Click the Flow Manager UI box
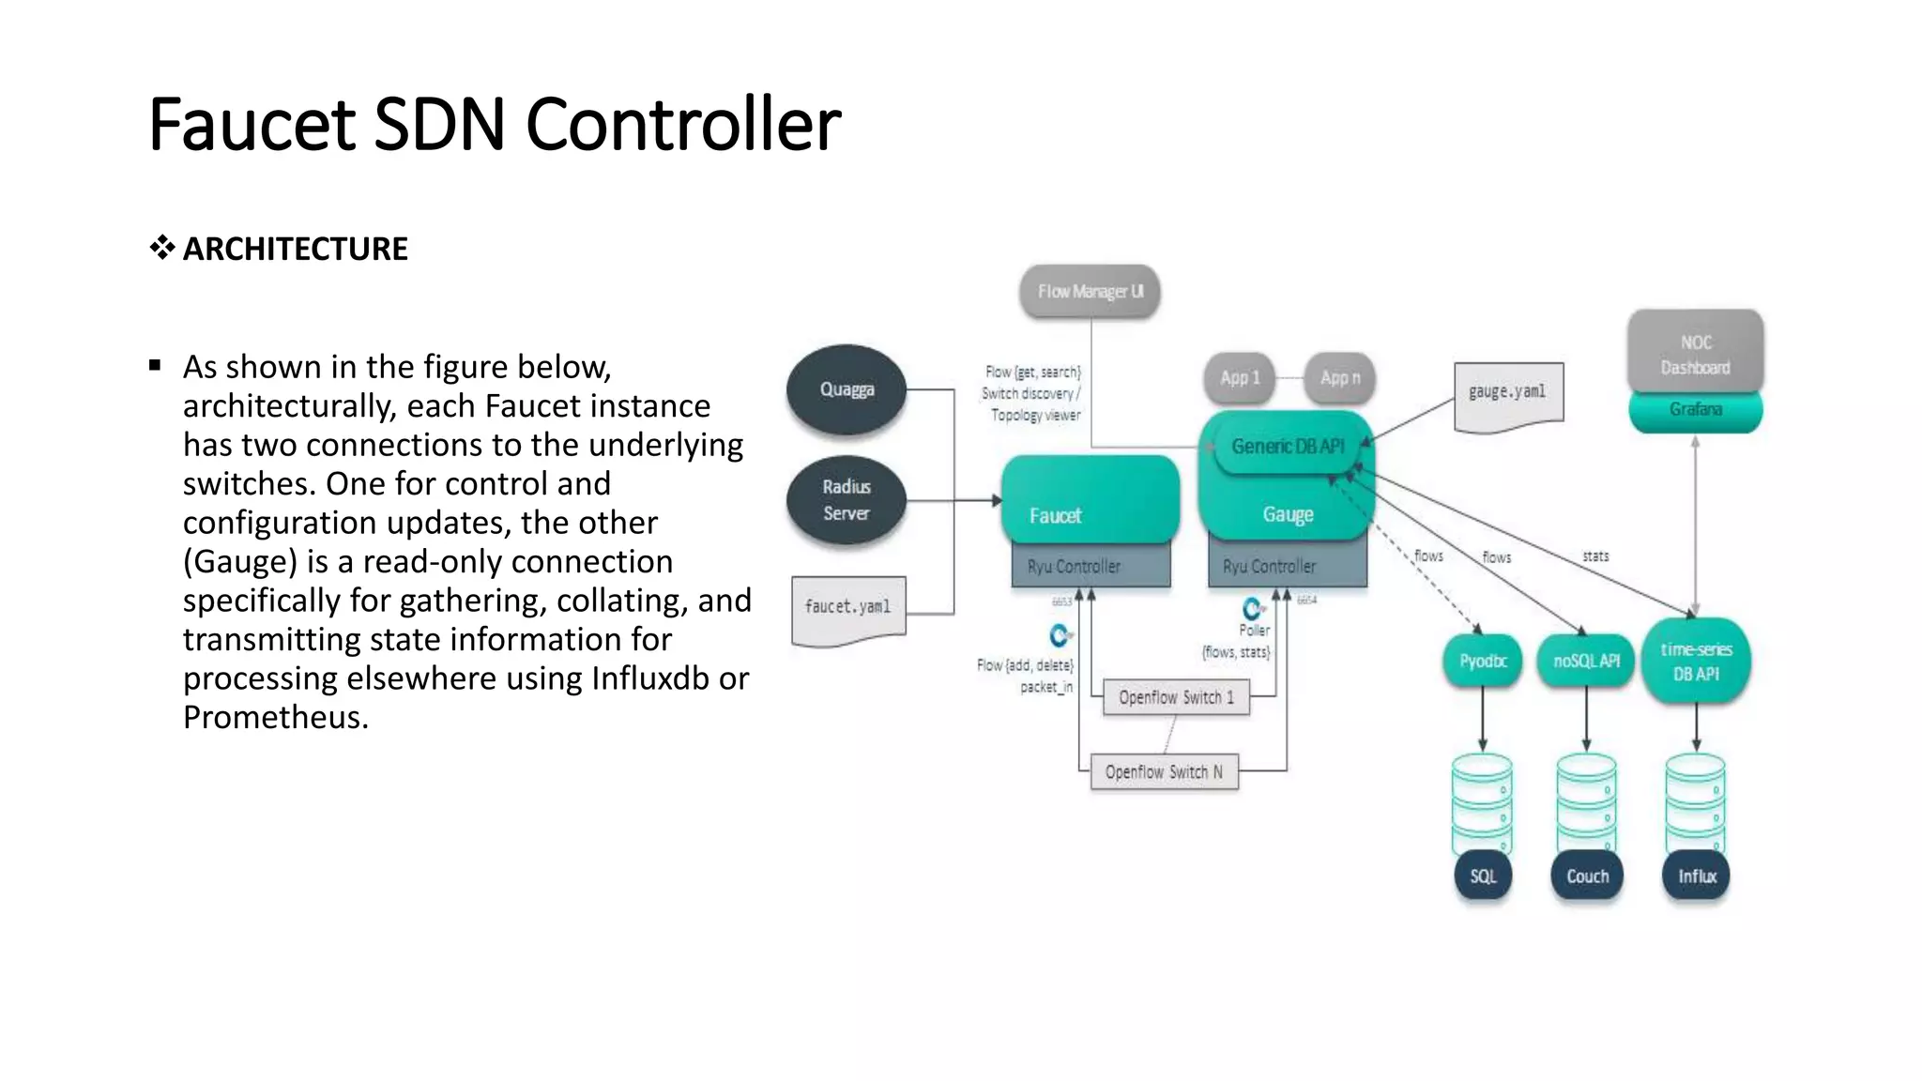click(1090, 292)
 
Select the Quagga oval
click(847, 389)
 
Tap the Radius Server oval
click(847, 500)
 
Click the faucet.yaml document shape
click(848, 608)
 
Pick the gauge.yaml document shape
click(1508, 393)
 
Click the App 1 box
click(1240, 378)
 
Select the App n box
click(1339, 378)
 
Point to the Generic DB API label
click(1288, 447)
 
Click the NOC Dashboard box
click(1695, 354)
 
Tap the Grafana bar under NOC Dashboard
click(1695, 410)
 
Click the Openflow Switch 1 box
click(1176, 697)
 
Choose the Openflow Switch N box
click(1164, 772)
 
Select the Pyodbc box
click(1483, 661)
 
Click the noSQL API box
click(1586, 661)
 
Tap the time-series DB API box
click(1696, 661)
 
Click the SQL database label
click(1483, 876)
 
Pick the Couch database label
click(1587, 876)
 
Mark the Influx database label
click(1697, 876)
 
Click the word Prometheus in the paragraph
click(273, 718)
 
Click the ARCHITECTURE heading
click(295, 249)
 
